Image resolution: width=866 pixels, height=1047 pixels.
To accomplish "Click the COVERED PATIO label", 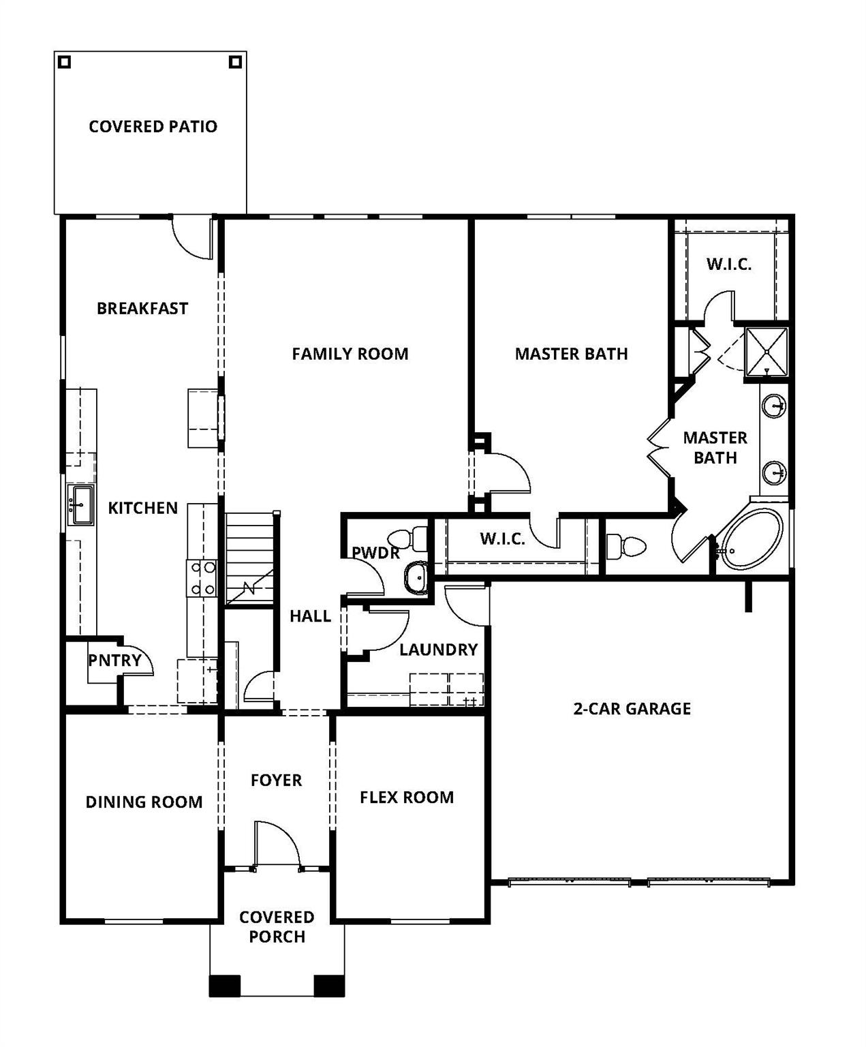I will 153,126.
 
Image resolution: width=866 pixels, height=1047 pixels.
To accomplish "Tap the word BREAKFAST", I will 142,308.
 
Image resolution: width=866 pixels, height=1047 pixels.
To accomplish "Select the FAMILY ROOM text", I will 350,354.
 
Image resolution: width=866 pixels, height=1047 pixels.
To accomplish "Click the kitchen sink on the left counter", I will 80,505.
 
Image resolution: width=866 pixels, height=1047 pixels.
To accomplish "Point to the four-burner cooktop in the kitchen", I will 202,578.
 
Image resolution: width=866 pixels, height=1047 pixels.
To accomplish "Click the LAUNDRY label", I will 438,650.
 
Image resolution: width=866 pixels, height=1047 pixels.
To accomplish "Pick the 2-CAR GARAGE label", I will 632,709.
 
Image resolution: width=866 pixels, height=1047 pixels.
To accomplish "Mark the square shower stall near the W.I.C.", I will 767,352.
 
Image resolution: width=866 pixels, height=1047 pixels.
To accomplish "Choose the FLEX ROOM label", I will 407,798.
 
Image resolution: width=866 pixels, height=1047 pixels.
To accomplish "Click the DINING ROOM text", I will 144,802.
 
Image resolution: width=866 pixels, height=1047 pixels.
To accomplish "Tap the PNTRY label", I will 114,660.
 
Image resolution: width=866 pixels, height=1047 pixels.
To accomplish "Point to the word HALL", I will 310,616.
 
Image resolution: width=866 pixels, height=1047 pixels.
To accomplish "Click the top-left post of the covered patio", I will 64,62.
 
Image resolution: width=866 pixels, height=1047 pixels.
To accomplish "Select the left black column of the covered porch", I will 225,986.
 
